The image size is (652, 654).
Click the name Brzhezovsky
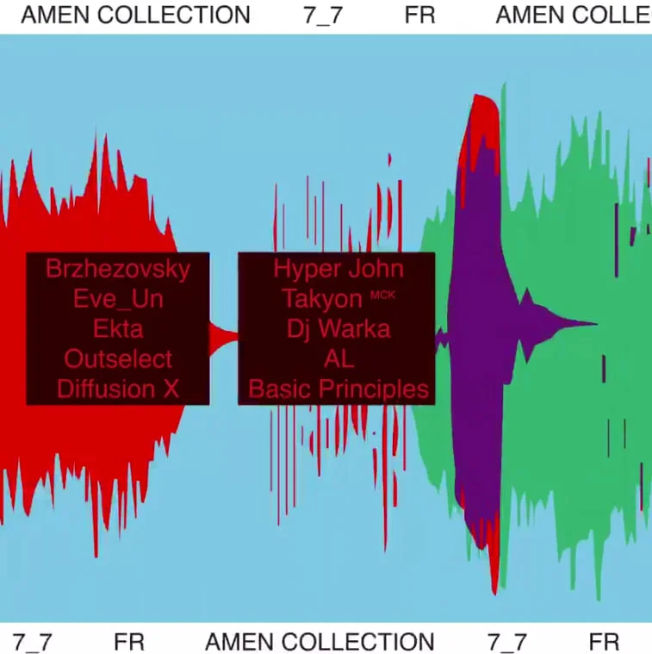click(117, 269)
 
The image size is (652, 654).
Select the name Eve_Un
click(117, 299)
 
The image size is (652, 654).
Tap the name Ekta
click(117, 329)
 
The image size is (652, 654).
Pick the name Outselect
click(117, 358)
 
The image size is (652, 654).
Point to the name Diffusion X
click(117, 389)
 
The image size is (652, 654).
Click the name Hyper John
click(338, 269)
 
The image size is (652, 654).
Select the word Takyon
click(321, 299)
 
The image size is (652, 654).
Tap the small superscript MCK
click(382, 295)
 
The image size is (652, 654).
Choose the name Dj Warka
click(338, 329)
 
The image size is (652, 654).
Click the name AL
click(338, 358)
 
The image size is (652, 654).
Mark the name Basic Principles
click(338, 389)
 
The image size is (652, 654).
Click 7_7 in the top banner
click(323, 15)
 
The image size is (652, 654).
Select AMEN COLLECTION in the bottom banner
click(320, 642)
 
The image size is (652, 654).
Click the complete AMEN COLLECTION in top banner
click(135, 15)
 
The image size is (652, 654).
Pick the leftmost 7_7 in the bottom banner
click(33, 642)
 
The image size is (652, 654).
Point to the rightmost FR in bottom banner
click(604, 642)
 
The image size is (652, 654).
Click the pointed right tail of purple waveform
click(593, 324)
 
